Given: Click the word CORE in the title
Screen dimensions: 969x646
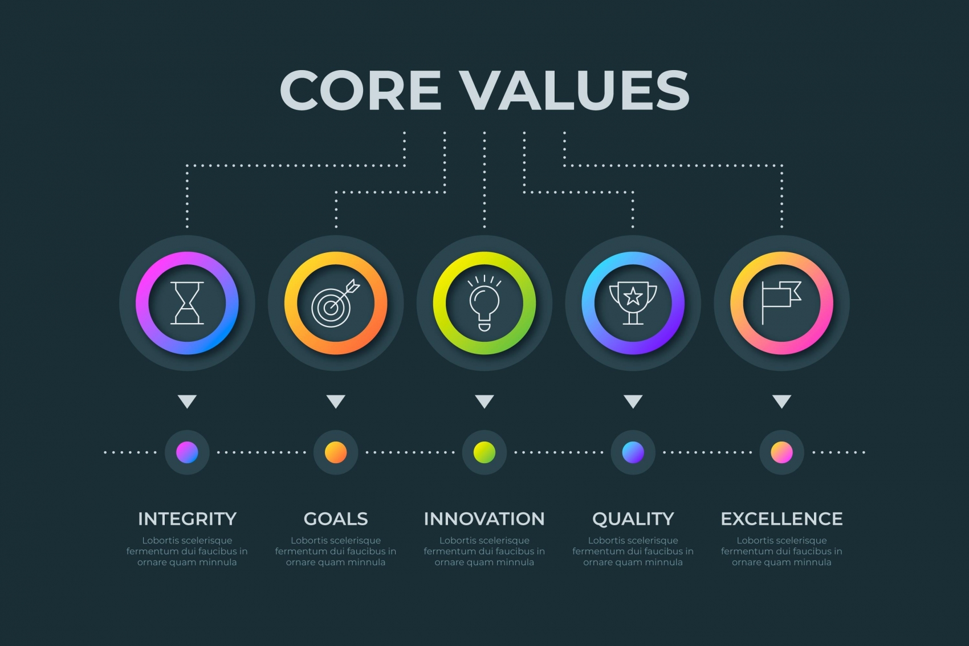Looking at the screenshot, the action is (360, 90).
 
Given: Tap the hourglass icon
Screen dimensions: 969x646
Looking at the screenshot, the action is (187, 302).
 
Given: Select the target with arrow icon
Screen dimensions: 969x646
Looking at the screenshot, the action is (335, 302).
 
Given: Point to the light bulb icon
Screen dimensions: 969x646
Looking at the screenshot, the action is (484, 302).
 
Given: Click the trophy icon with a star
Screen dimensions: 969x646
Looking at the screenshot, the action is (633, 302).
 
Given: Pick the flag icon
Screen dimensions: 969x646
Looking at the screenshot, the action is (781, 302).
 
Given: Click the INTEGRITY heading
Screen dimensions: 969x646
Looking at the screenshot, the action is (187, 519).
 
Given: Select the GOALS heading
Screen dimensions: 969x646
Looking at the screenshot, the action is (336, 519).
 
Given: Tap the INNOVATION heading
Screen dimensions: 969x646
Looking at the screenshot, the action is (484, 519).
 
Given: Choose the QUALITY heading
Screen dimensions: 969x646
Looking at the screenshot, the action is (633, 519).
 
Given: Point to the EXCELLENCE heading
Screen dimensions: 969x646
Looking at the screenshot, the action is (781, 519).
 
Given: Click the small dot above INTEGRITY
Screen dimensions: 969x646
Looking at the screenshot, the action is (187, 452).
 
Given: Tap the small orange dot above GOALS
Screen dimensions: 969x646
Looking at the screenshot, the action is (336, 452).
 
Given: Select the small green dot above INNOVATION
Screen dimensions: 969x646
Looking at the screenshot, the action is (484, 452).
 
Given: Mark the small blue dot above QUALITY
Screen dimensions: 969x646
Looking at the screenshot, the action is (633, 452).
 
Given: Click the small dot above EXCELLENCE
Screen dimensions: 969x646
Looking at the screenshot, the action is (781, 452).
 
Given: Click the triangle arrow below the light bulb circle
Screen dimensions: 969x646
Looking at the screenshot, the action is (484, 400).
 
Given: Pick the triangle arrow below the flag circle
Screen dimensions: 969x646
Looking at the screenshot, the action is (781, 400).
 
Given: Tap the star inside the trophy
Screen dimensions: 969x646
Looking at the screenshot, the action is (633, 296).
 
